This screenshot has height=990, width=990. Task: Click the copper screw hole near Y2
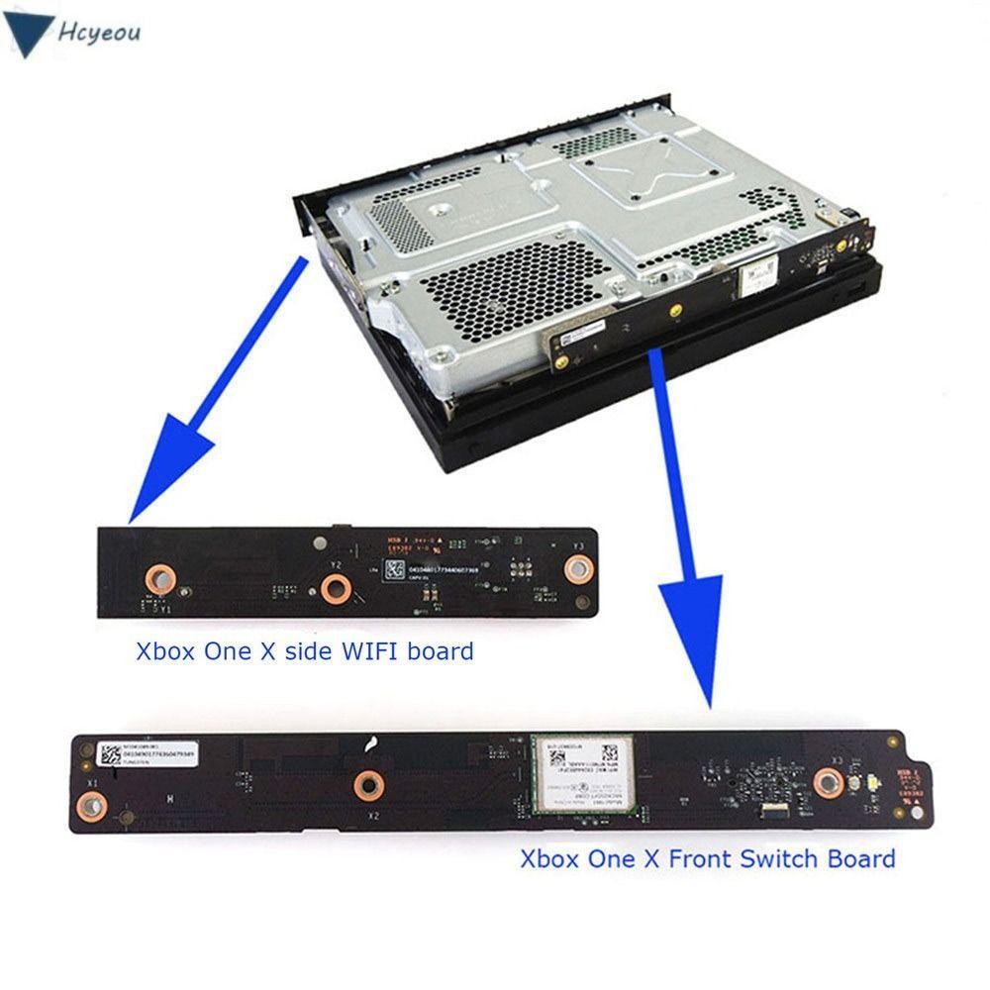[x=335, y=590]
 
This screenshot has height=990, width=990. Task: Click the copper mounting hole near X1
[x=92, y=809]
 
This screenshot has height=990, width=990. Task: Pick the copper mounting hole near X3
[x=827, y=783]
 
